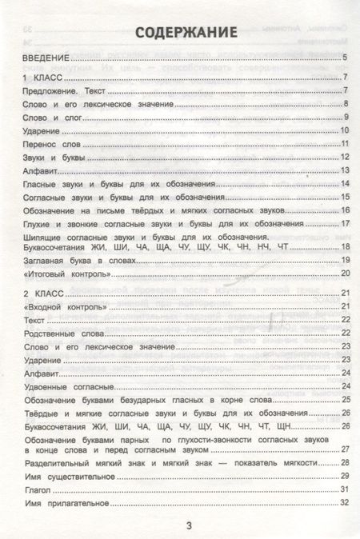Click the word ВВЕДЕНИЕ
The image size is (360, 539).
click(x=47, y=57)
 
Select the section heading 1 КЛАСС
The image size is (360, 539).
click(x=43, y=76)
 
